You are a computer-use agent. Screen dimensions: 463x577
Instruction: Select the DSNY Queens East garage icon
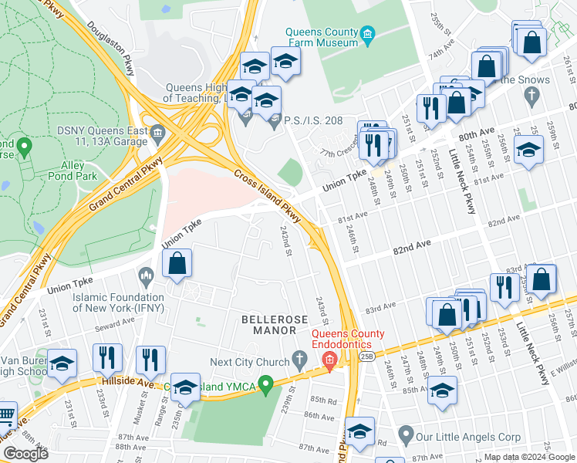(x=159, y=132)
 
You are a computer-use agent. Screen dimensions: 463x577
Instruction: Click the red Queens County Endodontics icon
(x=330, y=360)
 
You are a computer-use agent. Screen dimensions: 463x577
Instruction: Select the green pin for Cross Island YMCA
(x=267, y=383)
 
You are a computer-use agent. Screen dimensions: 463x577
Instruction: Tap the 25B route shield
(x=366, y=354)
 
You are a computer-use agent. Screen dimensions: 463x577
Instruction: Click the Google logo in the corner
(x=25, y=454)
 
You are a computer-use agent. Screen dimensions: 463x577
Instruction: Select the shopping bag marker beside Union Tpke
(x=177, y=263)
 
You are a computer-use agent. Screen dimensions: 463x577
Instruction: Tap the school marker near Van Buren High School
(x=62, y=363)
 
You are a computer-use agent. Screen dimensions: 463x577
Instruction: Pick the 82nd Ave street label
(x=412, y=246)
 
